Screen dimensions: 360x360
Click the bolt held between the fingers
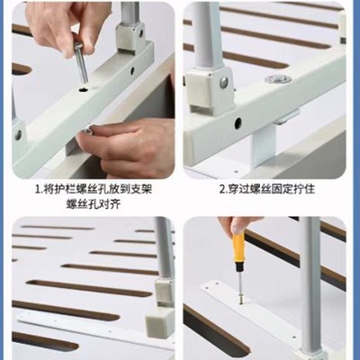coord(80,61)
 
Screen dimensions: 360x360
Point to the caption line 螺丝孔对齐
coord(93,205)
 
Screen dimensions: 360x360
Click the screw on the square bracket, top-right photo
coord(222,83)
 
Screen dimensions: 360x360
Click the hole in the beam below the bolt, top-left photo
coord(85,90)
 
